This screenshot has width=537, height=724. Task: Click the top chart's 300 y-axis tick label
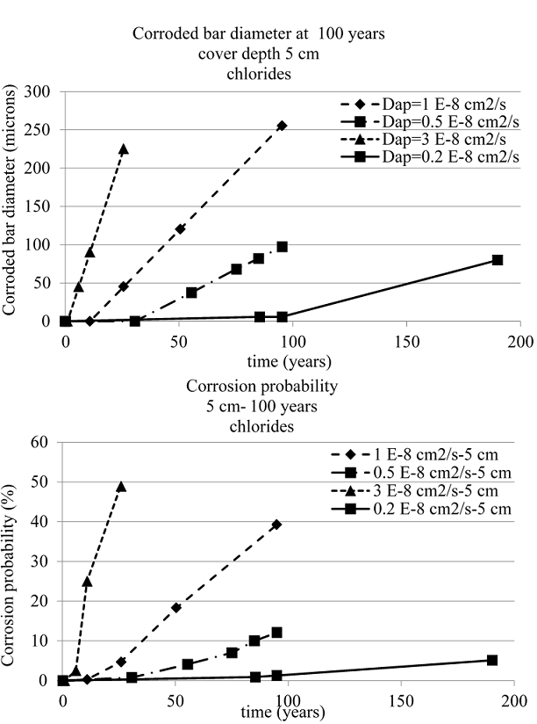(x=40, y=91)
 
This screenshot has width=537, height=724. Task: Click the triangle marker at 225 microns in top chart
(x=123, y=149)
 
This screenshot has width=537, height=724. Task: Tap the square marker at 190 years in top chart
(x=498, y=260)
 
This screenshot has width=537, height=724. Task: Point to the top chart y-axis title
(x=14, y=206)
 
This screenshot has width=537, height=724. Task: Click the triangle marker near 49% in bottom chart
(x=121, y=486)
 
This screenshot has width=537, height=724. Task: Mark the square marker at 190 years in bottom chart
(x=492, y=660)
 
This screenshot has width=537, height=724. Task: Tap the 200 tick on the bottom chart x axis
(x=514, y=699)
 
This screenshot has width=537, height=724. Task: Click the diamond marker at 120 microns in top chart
(x=180, y=228)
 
